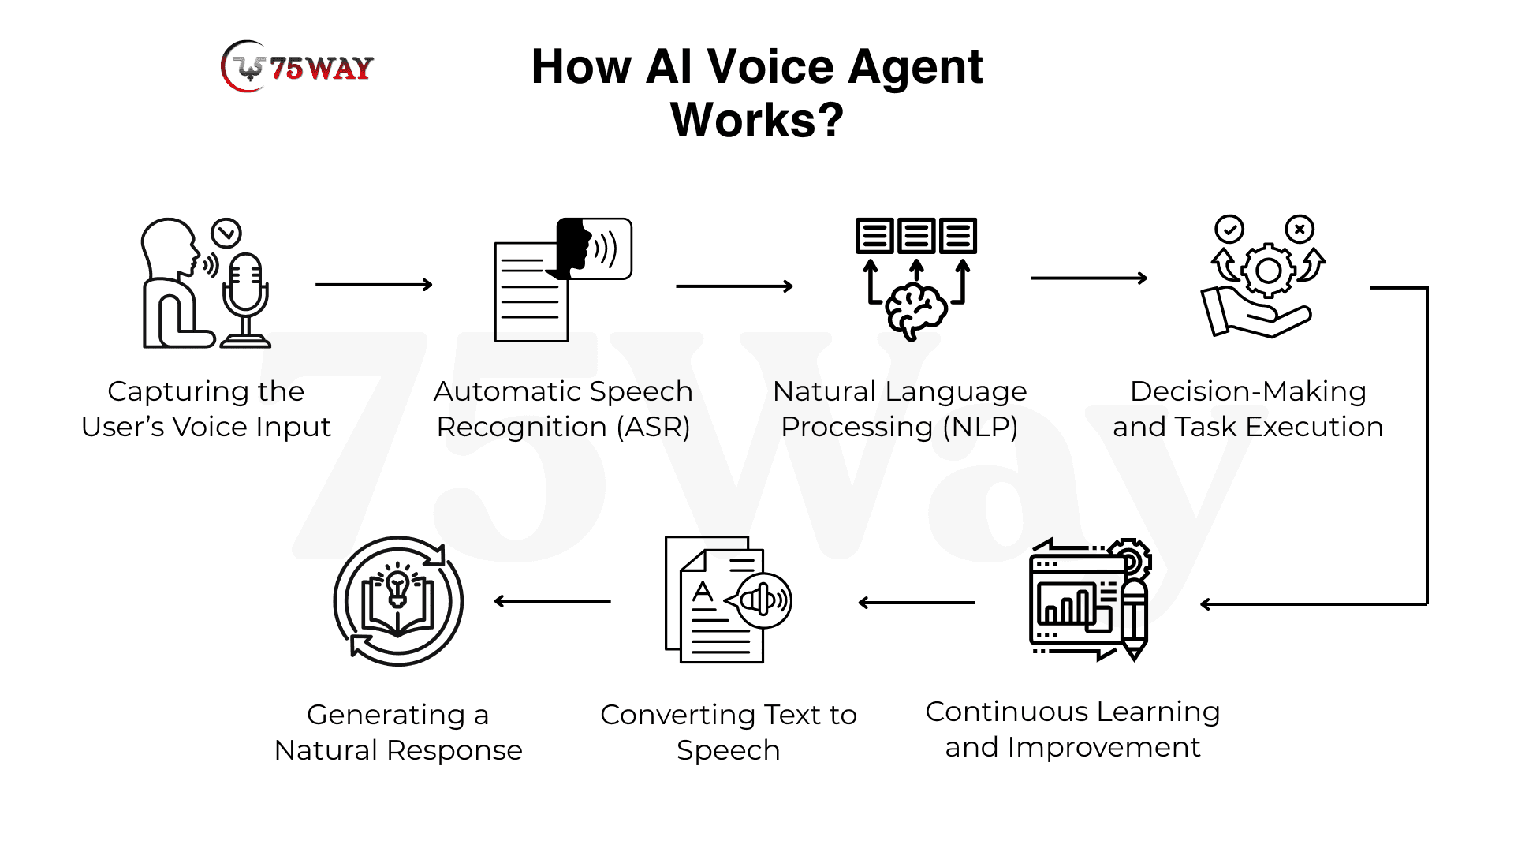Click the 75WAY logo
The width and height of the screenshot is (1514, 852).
297,68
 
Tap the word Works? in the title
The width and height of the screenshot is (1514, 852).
756,120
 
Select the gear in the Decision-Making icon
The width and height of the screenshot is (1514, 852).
1267,271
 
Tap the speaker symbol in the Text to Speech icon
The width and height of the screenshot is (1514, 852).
762,601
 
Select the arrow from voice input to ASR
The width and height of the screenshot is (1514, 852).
374,285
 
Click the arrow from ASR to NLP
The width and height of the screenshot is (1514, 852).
734,286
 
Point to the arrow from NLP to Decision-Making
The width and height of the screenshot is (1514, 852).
1088,278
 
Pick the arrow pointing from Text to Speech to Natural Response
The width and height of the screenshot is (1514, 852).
552,601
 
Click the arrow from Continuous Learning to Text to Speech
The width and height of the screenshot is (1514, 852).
916,603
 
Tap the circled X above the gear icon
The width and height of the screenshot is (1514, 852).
1300,230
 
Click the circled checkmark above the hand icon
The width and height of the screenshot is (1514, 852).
1229,230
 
